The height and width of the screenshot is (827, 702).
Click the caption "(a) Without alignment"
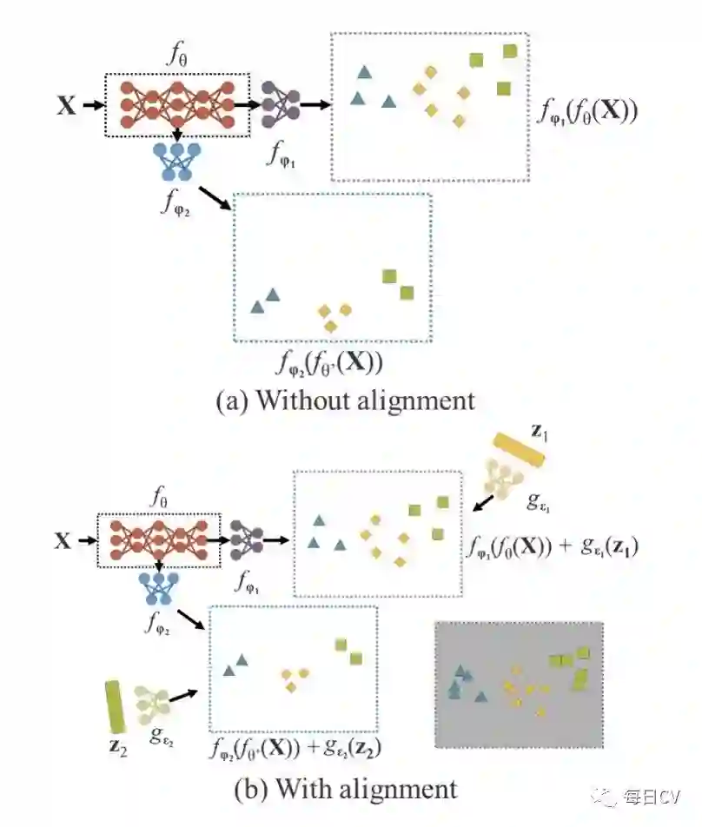[345, 400]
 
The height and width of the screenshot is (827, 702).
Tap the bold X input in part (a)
[66, 106]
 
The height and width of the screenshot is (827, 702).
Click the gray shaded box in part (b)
[518, 684]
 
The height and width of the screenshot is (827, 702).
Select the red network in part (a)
[177, 103]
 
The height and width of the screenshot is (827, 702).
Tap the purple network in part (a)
[280, 104]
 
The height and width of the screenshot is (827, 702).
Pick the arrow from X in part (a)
[91, 106]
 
